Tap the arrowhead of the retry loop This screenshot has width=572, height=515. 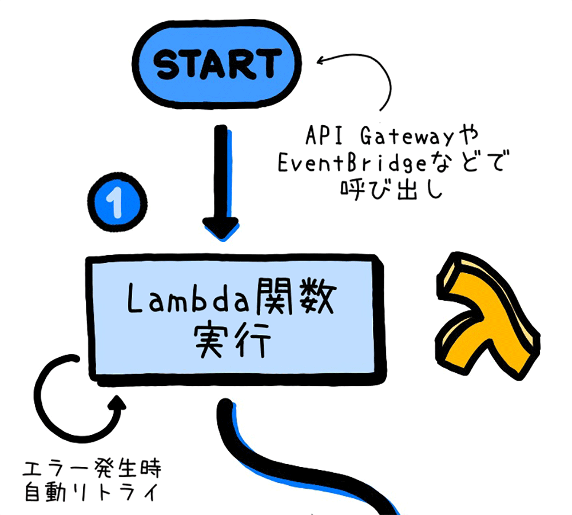(x=118, y=403)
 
